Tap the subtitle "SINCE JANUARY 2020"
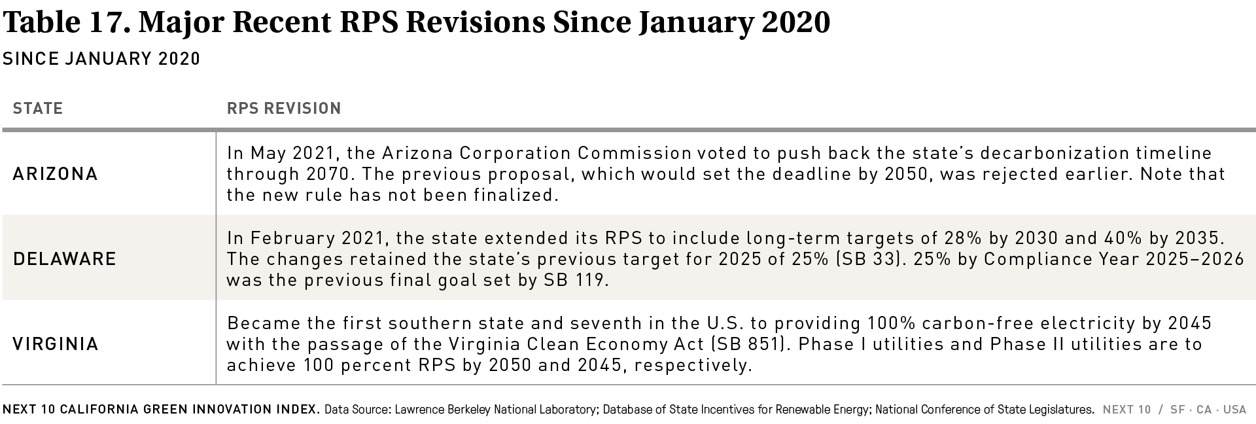(x=101, y=59)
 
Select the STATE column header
(x=38, y=108)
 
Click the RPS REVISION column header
(x=284, y=108)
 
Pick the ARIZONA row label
(x=56, y=174)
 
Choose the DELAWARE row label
(x=65, y=259)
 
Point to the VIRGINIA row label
(x=56, y=344)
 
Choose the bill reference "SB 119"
(x=576, y=280)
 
